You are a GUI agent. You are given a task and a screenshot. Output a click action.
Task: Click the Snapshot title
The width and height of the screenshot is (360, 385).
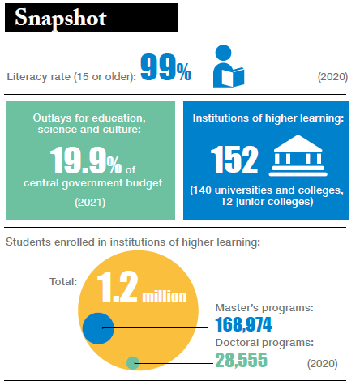(x=61, y=18)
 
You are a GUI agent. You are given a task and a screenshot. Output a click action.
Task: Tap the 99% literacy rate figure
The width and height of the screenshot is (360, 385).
(x=166, y=68)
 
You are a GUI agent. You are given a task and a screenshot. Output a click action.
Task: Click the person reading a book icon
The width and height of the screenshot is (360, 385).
(x=228, y=67)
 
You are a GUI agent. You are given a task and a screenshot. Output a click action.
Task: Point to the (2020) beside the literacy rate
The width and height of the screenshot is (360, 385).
(x=332, y=77)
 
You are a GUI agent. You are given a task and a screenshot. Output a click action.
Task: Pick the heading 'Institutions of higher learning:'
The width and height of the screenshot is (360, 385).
(x=268, y=118)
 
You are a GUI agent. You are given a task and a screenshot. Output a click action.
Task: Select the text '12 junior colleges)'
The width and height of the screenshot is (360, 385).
(x=268, y=202)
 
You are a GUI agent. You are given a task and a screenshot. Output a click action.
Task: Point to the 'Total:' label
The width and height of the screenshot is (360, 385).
(x=62, y=282)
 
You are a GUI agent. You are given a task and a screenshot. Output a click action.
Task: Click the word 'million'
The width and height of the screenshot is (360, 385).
(x=165, y=297)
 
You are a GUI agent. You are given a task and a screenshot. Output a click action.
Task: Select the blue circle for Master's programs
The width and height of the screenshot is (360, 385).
(x=96, y=328)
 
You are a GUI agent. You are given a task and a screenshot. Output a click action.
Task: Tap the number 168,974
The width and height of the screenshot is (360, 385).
(x=243, y=326)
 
